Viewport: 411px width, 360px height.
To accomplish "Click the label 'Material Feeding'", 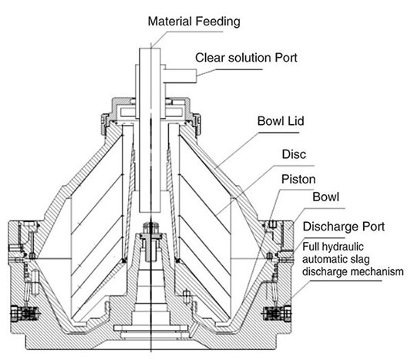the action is (194, 22).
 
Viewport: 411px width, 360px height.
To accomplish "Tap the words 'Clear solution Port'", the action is (246, 58).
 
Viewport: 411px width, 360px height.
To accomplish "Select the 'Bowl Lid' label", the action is (281, 121).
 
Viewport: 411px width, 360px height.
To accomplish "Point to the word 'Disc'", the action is (294, 154).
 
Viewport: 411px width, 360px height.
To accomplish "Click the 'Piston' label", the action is (298, 180).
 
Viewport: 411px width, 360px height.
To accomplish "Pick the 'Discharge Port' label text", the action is (344, 227).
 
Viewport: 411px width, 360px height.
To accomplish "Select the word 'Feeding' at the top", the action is (218, 22).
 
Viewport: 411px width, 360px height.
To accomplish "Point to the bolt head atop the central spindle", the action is (151, 226).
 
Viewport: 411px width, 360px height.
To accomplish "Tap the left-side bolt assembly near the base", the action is (25, 314).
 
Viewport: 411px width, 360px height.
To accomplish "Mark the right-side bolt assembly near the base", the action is (277, 313).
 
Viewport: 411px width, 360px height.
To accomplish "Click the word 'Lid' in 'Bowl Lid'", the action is (296, 121).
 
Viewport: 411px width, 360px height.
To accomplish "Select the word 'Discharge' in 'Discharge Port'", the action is (330, 227).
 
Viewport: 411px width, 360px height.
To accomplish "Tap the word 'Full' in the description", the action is (311, 247).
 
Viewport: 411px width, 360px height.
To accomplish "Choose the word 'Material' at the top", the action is (170, 22).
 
